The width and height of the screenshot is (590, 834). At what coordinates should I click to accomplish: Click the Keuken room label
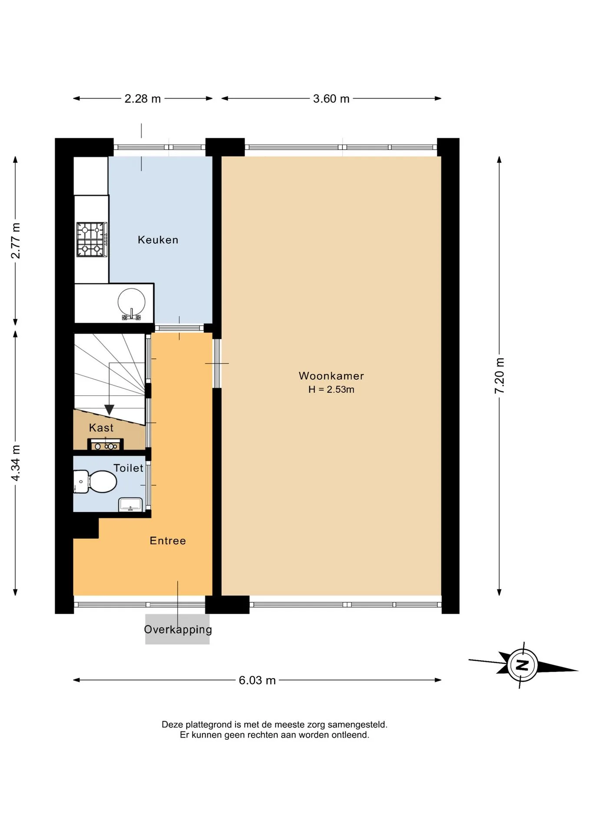(x=158, y=240)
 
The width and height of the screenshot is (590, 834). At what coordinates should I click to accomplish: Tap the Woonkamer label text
(x=331, y=376)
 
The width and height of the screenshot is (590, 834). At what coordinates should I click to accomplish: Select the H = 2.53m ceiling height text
(x=331, y=390)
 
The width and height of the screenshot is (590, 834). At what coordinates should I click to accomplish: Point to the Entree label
(x=168, y=541)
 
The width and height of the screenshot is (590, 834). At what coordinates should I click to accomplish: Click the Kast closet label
(x=101, y=428)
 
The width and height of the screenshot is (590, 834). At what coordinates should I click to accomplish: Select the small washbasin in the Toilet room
(x=130, y=504)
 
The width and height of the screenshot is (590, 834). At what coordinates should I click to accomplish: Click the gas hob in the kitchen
(x=92, y=239)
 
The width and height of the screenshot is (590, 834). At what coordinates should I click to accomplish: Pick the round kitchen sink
(x=131, y=302)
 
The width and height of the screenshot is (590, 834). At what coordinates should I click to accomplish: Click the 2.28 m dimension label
(x=143, y=99)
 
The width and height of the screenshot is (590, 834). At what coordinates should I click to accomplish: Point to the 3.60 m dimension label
(x=331, y=99)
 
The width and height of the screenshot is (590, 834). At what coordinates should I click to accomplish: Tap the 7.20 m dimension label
(x=499, y=376)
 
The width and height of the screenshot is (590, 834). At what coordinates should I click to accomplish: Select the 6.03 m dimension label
(x=257, y=680)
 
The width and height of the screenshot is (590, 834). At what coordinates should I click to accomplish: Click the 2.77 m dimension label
(x=15, y=241)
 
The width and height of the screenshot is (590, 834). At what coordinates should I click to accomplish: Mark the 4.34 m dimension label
(x=15, y=463)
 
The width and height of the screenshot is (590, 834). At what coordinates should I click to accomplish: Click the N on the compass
(x=523, y=665)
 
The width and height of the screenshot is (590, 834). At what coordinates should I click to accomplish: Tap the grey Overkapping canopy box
(x=177, y=629)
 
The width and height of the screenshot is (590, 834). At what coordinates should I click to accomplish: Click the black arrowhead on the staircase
(x=109, y=410)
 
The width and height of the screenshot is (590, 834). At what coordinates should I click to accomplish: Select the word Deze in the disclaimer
(x=172, y=725)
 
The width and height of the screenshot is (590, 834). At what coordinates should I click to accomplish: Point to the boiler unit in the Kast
(x=106, y=445)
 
